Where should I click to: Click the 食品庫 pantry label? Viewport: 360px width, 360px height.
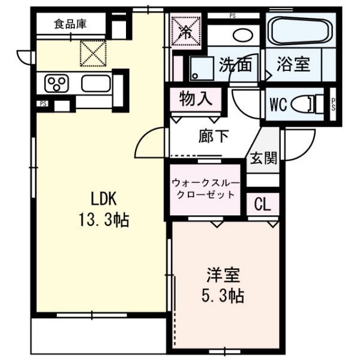coord(70,24)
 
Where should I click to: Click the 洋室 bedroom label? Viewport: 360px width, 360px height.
coord(224,277)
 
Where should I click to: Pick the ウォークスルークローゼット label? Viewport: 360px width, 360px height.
coord(206,190)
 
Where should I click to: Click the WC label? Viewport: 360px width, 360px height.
coord(277,104)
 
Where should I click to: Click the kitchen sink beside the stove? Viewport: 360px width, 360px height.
coord(95,83)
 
